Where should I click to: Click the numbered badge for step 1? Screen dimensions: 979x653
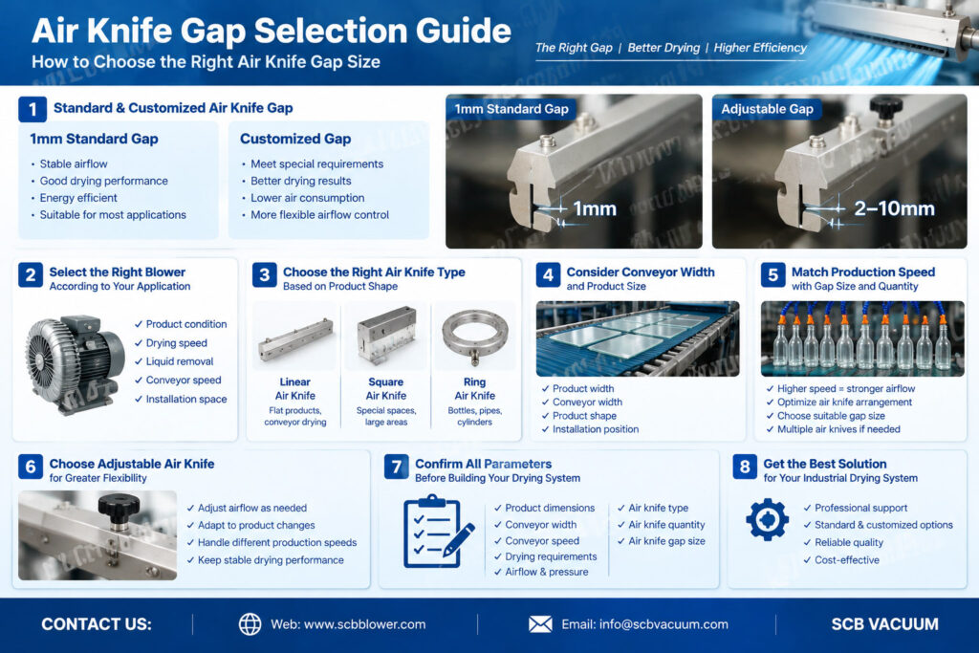coord(33,109)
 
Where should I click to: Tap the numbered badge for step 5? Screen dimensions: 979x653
coord(772,274)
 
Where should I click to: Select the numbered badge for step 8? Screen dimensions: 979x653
coord(744,467)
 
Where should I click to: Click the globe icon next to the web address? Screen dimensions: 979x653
coord(250,623)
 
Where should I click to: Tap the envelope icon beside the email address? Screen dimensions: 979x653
coord(540,623)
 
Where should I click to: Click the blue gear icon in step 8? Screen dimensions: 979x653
coord(768,519)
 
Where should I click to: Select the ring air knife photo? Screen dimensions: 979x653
coord(474,337)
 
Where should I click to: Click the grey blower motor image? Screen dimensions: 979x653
coord(74,364)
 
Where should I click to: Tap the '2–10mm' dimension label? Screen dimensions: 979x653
coord(894,208)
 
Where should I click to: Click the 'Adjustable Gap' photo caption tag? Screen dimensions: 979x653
coord(767,109)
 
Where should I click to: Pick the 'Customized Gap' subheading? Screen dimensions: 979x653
coord(295,139)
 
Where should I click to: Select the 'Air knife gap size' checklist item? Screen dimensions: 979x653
coord(662,541)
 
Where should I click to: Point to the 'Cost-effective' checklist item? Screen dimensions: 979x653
coord(841,560)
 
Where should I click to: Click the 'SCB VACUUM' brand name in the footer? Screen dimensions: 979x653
coord(884,624)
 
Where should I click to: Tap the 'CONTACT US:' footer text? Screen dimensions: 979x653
coord(97,624)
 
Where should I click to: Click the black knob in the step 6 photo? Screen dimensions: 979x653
coord(118,507)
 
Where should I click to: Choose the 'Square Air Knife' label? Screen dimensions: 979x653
coord(386,389)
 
